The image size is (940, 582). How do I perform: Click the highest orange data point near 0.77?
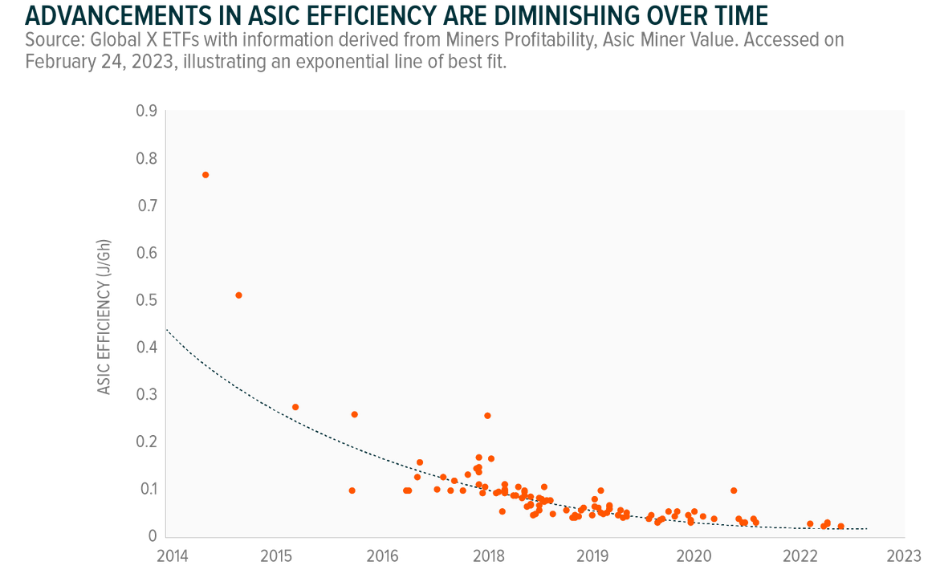pos(205,175)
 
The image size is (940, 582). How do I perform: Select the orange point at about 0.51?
pos(238,295)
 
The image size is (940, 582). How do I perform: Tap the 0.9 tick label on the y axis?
pos(146,112)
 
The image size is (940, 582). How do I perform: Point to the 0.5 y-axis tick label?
pos(146,300)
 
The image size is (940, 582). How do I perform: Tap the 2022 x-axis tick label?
pos(800,556)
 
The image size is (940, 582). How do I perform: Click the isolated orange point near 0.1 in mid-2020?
pos(734,490)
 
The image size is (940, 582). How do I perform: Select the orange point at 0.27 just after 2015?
pos(295,407)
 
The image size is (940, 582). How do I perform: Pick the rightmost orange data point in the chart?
pos(841,527)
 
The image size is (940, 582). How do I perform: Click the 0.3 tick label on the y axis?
pos(146,395)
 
